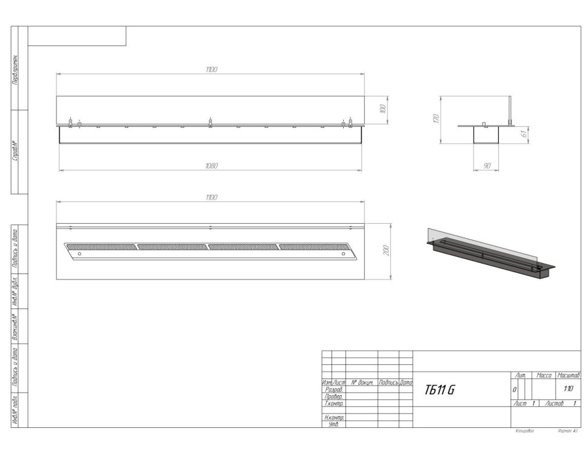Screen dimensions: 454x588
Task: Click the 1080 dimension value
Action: click(x=211, y=165)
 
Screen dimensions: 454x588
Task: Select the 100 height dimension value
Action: click(x=382, y=109)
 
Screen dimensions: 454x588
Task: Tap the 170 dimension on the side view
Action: click(x=436, y=119)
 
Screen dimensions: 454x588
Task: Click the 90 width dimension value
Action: click(x=487, y=165)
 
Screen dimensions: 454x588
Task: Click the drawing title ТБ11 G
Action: click(x=439, y=390)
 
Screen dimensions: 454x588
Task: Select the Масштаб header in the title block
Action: click(x=569, y=376)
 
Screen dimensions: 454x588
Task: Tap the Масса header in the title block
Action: click(x=543, y=376)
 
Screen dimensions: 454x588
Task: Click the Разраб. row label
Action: click(x=334, y=390)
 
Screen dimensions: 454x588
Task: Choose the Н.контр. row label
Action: click(x=335, y=418)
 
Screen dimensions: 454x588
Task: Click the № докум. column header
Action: click(x=361, y=383)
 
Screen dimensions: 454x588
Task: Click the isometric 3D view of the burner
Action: click(x=491, y=255)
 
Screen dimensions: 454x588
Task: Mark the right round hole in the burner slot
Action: click(x=343, y=253)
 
